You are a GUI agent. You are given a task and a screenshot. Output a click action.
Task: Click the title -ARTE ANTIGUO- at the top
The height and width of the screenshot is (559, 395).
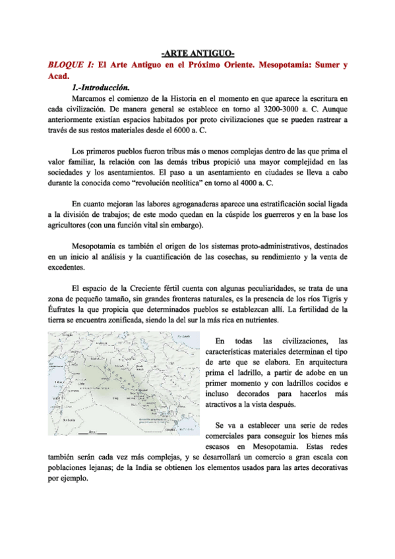click(198, 53)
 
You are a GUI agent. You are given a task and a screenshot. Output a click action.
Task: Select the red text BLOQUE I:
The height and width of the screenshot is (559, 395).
click(71, 65)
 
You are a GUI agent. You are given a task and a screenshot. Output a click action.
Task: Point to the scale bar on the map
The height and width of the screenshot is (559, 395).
click(87, 433)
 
